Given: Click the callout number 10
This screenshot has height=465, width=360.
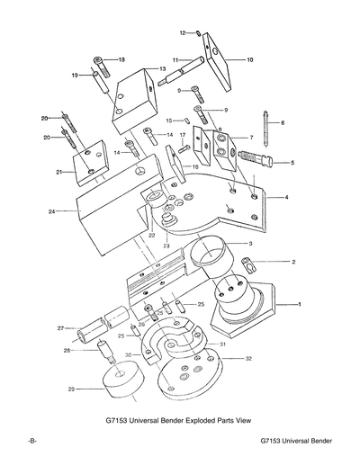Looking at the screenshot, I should (x=250, y=59).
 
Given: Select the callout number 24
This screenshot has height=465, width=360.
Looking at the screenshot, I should (x=52, y=212).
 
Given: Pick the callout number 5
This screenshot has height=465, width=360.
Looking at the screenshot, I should (x=292, y=163).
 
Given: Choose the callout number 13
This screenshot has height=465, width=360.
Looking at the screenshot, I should (x=163, y=68).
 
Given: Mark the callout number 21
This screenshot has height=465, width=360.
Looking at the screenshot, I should (x=58, y=171).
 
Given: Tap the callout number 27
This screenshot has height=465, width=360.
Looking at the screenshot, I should (x=60, y=328).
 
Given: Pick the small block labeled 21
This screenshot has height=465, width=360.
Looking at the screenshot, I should (x=90, y=161).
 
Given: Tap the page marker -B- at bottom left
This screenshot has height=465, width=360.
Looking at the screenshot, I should (x=31, y=444).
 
